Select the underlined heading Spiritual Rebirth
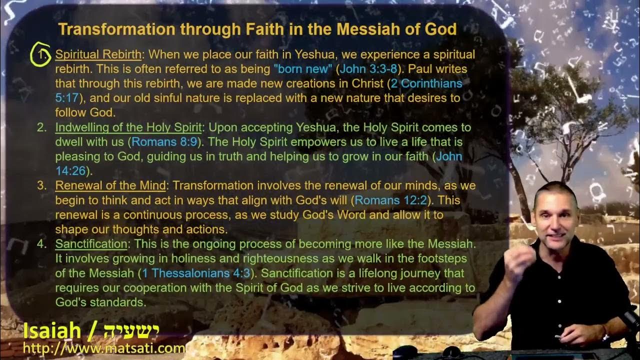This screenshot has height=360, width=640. tap(98, 54)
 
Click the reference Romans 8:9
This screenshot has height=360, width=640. tap(164, 142)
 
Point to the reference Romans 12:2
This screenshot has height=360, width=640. tap(391, 200)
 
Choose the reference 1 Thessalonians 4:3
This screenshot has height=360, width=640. tap(196, 273)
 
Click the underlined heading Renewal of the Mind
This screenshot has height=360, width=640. tap(110, 186)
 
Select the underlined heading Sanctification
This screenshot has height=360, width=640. tap(91, 244)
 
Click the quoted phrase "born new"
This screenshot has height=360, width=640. tap(302, 69)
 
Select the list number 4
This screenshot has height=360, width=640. tap(41, 244)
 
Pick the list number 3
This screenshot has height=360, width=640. tap(41, 186)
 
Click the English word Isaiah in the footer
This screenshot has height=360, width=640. tap(52, 330)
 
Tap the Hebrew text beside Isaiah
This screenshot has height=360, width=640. tap(131, 330)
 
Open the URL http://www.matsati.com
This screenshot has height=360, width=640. tap(103, 347)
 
